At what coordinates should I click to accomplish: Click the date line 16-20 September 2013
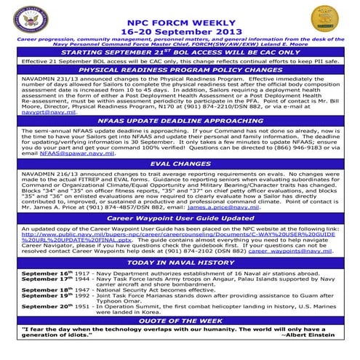pos(180,23)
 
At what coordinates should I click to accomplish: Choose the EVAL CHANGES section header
pos(180,164)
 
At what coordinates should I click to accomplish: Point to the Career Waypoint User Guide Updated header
pos(180,217)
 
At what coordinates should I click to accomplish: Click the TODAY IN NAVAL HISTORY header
pos(180,262)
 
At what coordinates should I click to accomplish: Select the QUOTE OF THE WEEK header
pos(180,321)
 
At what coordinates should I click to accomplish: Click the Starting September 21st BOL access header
pos(180,53)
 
